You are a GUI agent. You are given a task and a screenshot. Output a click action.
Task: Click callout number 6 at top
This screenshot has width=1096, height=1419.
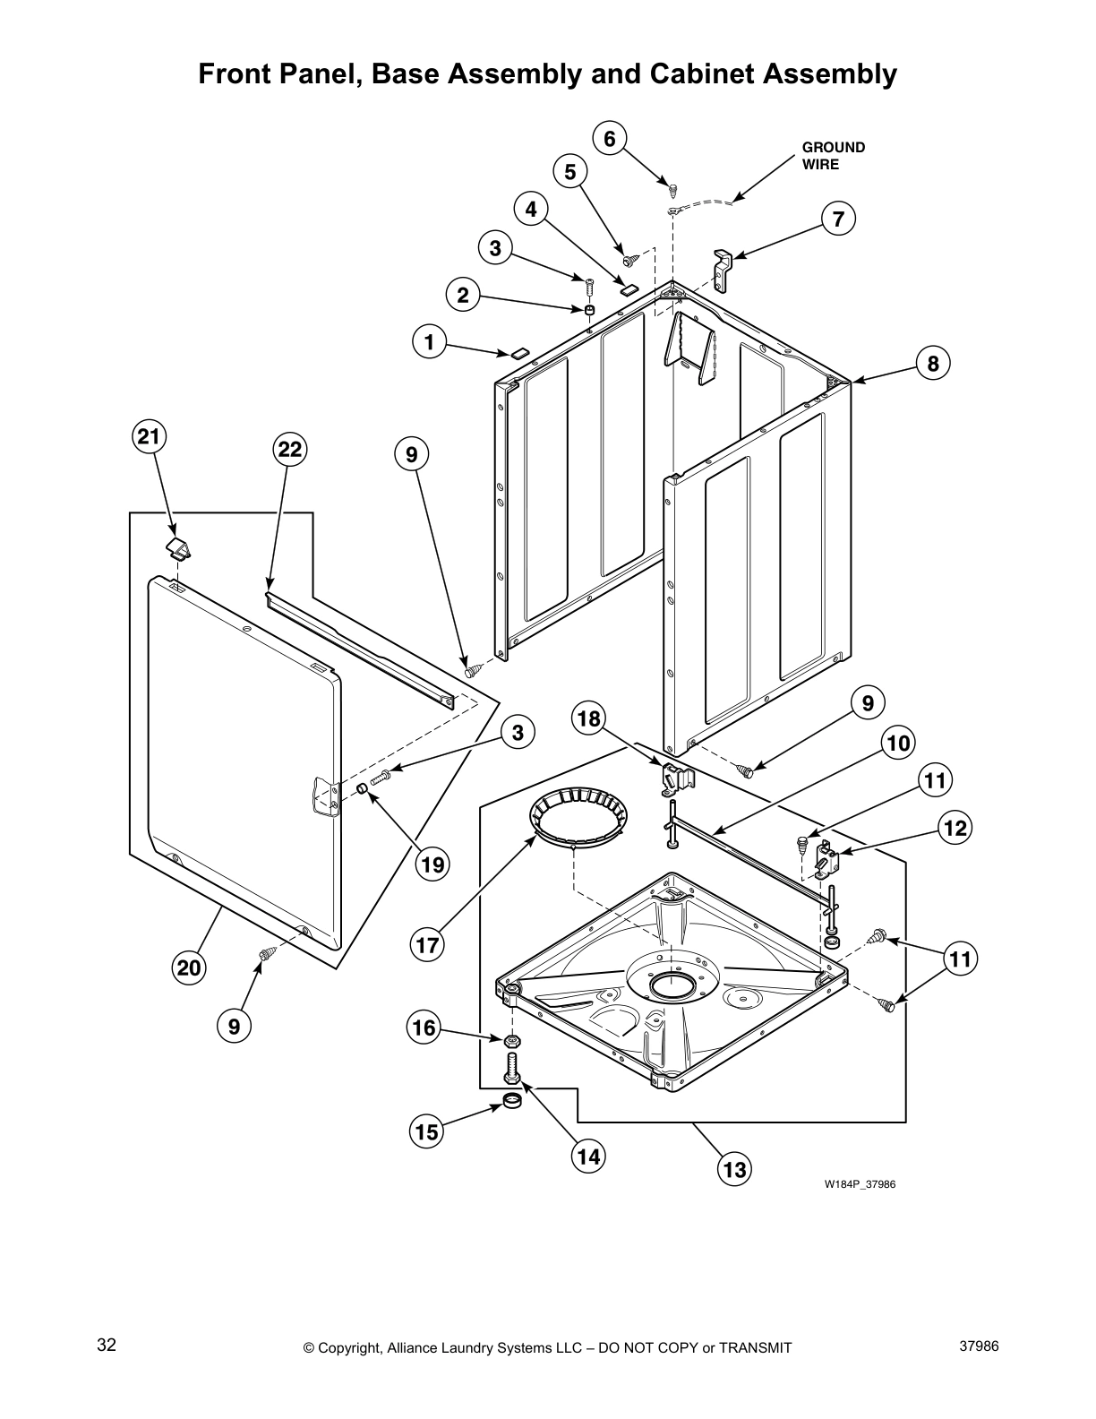point(610,139)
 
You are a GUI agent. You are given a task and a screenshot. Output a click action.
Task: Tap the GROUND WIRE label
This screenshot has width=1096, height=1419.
point(832,156)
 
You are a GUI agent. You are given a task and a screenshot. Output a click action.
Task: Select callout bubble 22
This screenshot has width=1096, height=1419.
point(289,449)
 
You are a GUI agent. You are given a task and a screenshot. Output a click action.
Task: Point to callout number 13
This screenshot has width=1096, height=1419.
point(733,1170)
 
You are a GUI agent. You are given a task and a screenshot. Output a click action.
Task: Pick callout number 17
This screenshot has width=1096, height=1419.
point(428,944)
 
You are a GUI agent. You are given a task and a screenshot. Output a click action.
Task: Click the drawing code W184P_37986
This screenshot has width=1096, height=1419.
point(860,1184)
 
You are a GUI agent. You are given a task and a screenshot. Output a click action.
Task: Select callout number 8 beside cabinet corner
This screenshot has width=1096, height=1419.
point(932,363)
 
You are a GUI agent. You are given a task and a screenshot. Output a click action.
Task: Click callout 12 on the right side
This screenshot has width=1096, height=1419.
point(955,828)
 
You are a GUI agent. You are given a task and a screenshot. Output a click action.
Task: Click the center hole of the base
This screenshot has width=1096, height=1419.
point(670,986)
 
